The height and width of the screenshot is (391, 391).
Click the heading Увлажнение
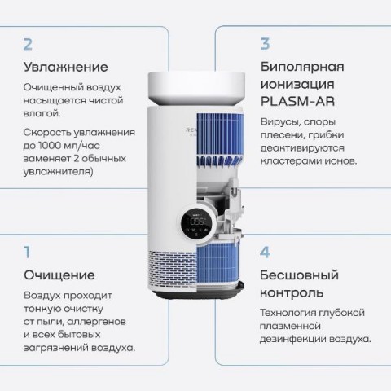point(66,67)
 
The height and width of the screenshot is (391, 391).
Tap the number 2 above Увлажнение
point(28,44)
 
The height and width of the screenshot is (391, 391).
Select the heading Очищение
point(59,275)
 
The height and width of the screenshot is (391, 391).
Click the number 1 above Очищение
point(27,253)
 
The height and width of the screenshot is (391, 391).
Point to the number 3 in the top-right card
point(265,44)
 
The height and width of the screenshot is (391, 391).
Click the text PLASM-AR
point(297,102)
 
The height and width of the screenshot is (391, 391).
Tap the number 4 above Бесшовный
point(265,253)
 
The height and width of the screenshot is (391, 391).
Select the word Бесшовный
point(299,275)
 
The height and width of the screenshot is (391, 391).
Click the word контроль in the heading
point(292,293)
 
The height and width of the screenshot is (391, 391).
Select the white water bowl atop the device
point(196,89)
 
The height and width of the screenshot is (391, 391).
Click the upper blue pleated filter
point(218,135)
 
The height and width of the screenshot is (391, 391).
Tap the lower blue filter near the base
point(217,266)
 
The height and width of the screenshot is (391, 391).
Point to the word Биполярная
point(302,67)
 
